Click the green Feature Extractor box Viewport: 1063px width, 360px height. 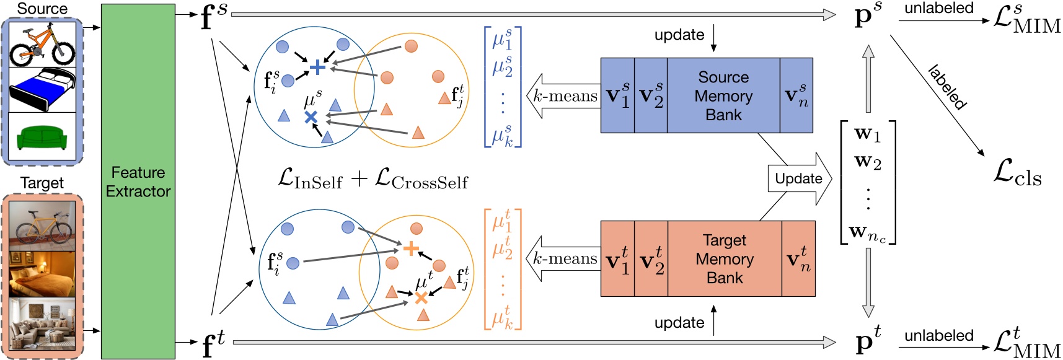[x=138, y=181]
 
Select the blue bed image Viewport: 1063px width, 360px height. [x=42, y=90]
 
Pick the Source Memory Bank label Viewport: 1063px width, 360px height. [x=723, y=96]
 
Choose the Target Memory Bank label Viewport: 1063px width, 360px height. [x=725, y=259]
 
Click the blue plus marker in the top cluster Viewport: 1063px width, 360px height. [x=317, y=67]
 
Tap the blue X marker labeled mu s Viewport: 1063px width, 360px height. [x=311, y=116]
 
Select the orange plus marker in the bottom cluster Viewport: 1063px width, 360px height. [x=411, y=249]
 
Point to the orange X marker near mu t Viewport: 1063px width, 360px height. [x=421, y=298]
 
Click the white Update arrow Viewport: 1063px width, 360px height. [x=799, y=179]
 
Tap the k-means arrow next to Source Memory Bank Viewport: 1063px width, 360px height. [x=563, y=96]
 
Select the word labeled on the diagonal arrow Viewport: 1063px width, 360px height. [x=947, y=87]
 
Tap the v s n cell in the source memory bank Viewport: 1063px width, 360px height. [x=796, y=96]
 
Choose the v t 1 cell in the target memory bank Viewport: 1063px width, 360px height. [x=617, y=259]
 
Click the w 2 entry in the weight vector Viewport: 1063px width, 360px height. [x=868, y=162]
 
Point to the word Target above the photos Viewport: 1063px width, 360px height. [x=42, y=183]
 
